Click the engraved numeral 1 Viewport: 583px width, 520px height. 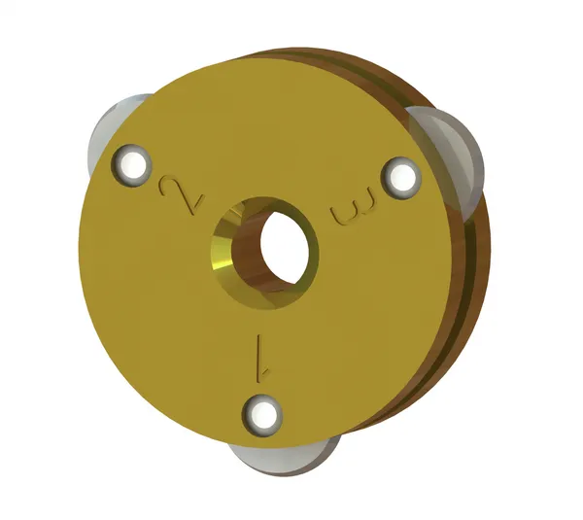tap(259, 356)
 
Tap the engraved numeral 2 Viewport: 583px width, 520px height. tap(181, 194)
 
